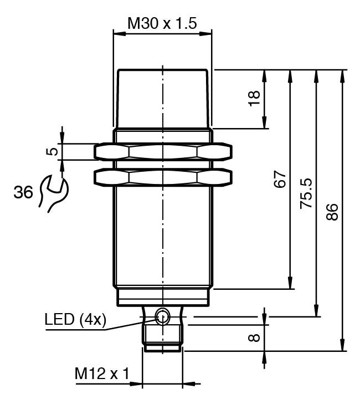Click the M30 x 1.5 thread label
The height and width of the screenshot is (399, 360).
pyautogui.click(x=162, y=23)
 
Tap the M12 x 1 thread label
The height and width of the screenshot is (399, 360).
pyautogui.click(x=101, y=375)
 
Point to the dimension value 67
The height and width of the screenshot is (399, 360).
pyautogui.click(x=280, y=180)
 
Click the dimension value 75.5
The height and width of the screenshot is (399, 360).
pyautogui.click(x=306, y=193)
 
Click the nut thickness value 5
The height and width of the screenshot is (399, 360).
pyautogui.click(x=51, y=151)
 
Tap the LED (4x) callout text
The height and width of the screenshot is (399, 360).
pyautogui.click(x=75, y=320)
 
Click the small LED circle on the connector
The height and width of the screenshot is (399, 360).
pyautogui.click(x=162, y=316)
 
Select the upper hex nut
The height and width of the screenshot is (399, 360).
pyautogui.click(x=163, y=151)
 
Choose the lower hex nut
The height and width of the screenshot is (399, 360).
pyautogui.click(x=163, y=177)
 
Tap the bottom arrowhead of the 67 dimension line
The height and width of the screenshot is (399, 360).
pyautogui.click(x=290, y=285)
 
